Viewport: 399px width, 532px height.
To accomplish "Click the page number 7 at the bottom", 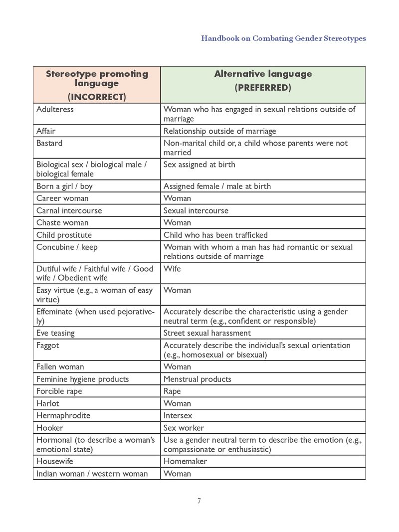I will click(x=199, y=501).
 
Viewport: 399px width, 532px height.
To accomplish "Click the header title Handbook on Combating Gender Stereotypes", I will click(x=283, y=38).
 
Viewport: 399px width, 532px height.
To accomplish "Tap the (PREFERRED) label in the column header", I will click(x=262, y=88).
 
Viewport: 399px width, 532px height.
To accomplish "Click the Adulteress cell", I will click(x=55, y=109).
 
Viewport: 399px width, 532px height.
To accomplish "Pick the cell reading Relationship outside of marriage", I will click(x=219, y=131).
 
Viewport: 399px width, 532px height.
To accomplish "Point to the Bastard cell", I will click(x=49, y=143).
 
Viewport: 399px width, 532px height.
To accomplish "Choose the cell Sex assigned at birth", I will click(x=199, y=165).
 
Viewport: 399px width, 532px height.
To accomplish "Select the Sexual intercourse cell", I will click(x=196, y=210).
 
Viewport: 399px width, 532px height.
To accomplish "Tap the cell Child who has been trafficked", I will click(x=215, y=235).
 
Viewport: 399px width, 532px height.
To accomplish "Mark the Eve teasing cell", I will click(x=55, y=333).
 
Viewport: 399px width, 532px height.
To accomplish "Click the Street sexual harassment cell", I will click(x=207, y=333).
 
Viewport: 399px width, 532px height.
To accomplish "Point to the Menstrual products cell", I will click(x=198, y=379).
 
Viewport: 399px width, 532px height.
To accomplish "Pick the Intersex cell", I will click(x=178, y=415).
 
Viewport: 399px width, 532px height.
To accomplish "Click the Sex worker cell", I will click(x=184, y=428).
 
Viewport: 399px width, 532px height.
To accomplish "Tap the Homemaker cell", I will click(x=185, y=461).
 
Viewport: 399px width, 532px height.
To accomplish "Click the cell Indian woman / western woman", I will click(x=92, y=474).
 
